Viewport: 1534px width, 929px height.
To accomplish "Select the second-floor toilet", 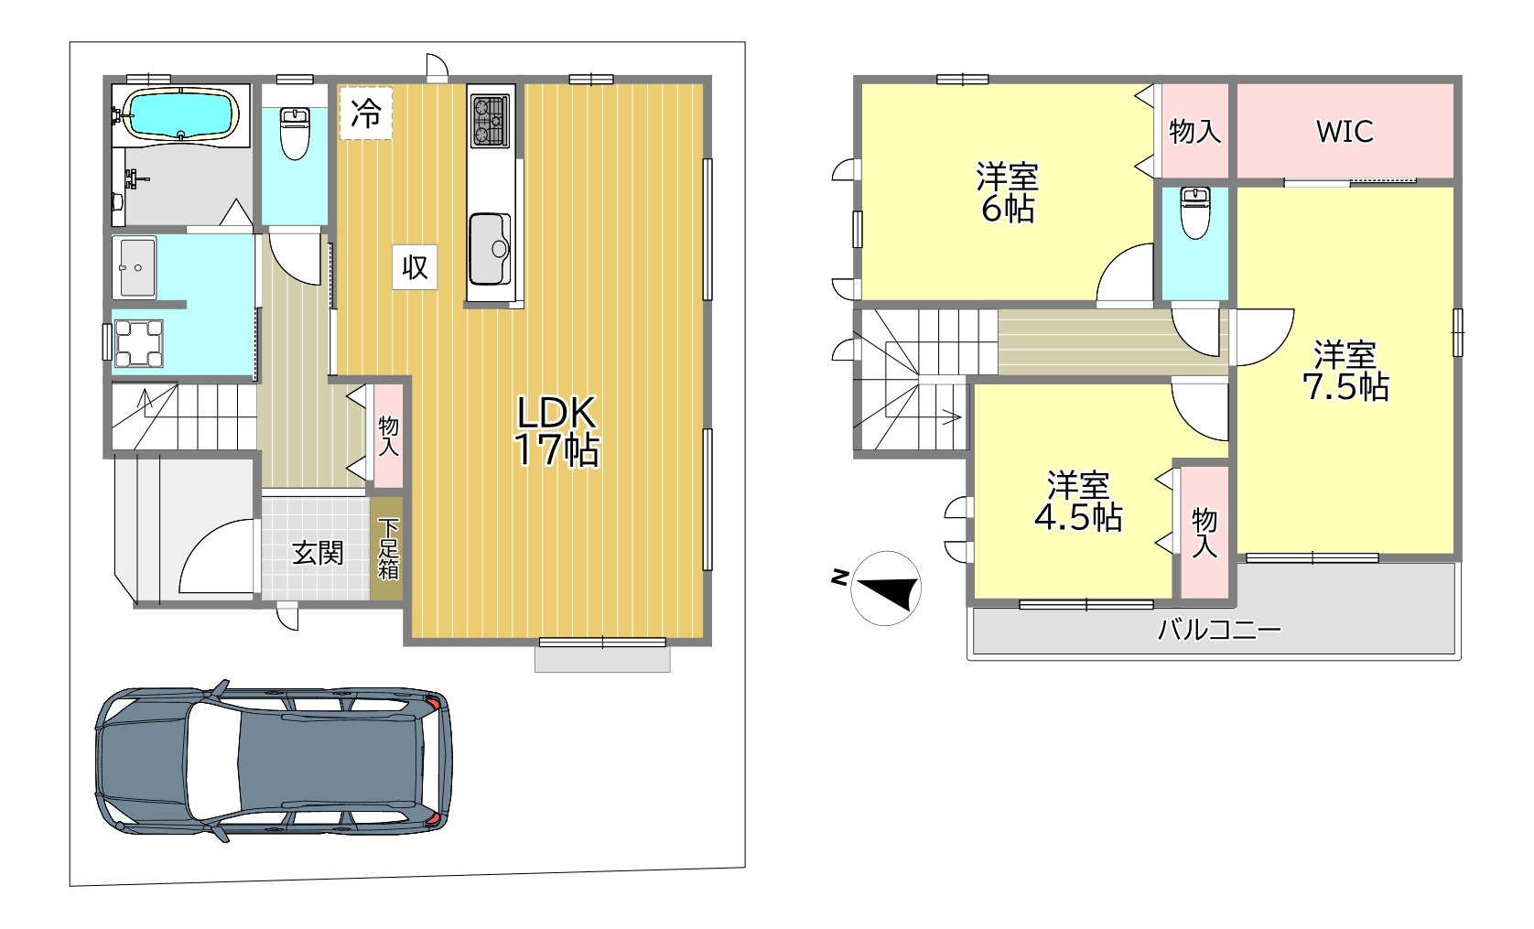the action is (1195, 212).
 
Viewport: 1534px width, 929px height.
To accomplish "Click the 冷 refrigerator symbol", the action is (366, 113).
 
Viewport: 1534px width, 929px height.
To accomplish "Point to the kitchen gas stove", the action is (491, 121).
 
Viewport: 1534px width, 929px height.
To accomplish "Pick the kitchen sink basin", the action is (490, 249).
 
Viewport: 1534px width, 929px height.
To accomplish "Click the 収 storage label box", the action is (415, 266).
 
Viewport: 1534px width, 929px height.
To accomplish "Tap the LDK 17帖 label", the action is (556, 432).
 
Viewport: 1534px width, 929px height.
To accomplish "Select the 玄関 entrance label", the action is (318, 553).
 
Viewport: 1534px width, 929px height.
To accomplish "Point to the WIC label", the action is (1345, 132).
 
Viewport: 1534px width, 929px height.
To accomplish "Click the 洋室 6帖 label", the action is (1008, 192).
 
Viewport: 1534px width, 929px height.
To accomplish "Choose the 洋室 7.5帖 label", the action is (1345, 371).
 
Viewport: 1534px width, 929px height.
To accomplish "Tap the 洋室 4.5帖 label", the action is (1078, 502).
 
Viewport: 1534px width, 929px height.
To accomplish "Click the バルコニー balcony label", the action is (1218, 629).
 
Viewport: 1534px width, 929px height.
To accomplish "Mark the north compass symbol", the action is (885, 589).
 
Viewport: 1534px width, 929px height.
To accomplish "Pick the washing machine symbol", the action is (139, 343).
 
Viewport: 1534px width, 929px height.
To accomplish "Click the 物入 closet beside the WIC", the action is (1194, 131).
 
